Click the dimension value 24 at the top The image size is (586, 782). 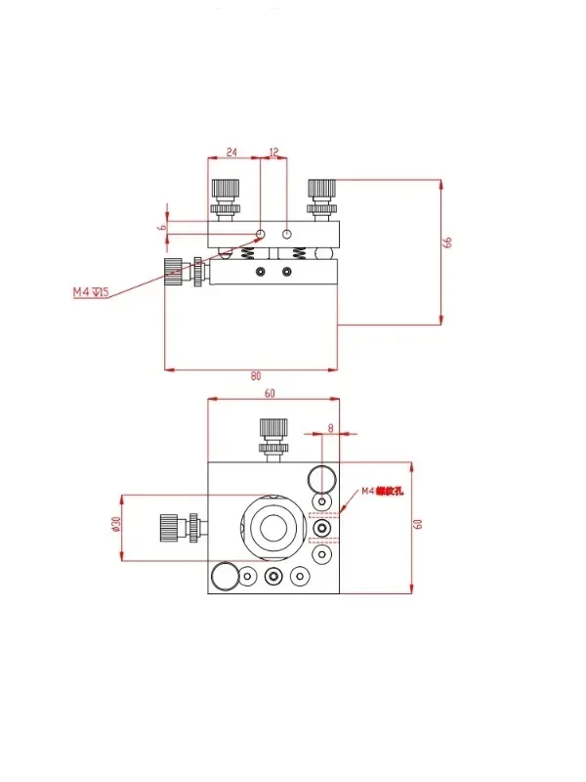pyautogui.click(x=232, y=152)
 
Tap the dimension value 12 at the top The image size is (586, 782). pyautogui.click(x=272, y=152)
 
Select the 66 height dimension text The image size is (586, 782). pyautogui.click(x=448, y=242)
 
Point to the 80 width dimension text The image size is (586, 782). pyautogui.click(x=256, y=375)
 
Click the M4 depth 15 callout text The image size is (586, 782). pyautogui.click(x=91, y=292)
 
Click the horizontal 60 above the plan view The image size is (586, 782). pyautogui.click(x=271, y=393)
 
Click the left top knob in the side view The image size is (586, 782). pyautogui.click(x=226, y=195)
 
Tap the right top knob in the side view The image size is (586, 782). pyautogui.click(x=321, y=195)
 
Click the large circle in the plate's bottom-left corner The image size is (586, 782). pyautogui.click(x=224, y=577)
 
